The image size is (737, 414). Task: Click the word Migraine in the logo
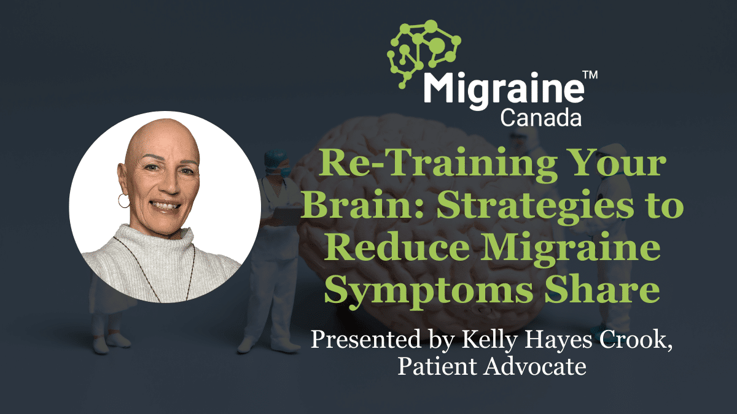tap(502, 90)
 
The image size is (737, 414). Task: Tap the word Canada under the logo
tap(540, 117)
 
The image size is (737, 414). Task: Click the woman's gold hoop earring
tap(123, 201)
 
